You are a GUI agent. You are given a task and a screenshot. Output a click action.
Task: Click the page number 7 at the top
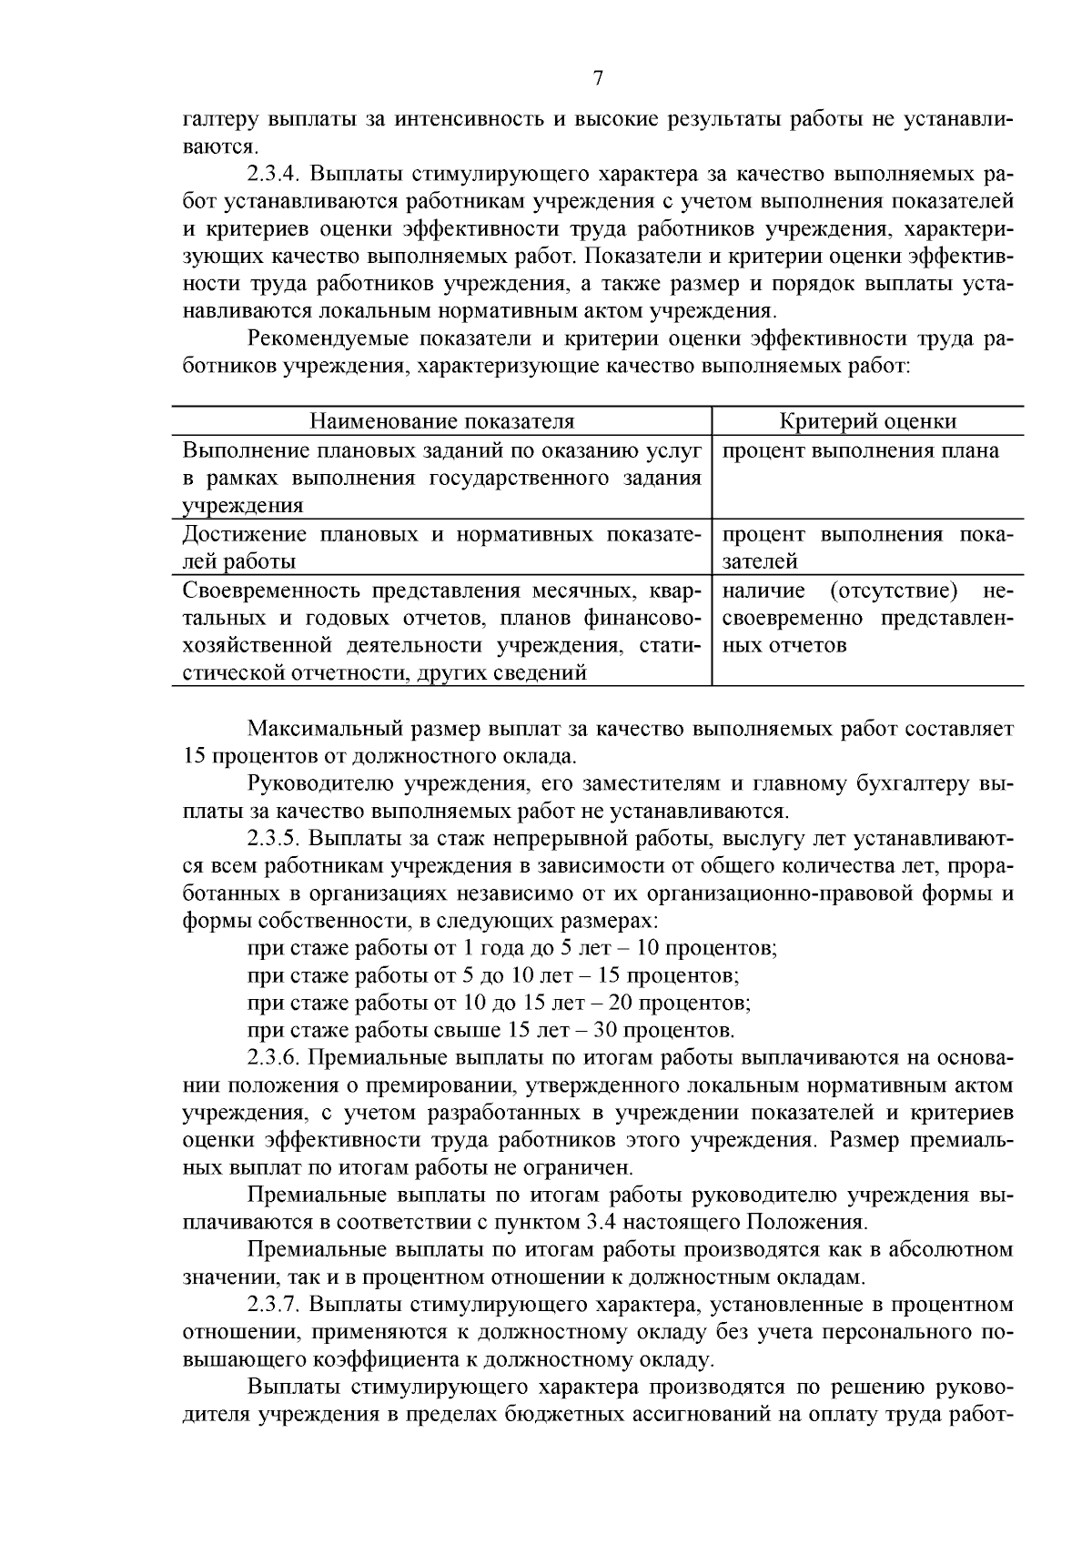coord(598,78)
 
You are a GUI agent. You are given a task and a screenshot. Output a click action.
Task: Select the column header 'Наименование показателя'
coord(442,421)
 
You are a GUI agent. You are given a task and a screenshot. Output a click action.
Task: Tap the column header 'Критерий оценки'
coord(868,421)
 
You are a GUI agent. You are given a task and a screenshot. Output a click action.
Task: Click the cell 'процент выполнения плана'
coord(861,450)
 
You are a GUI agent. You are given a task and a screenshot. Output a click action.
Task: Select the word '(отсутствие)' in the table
coord(894,590)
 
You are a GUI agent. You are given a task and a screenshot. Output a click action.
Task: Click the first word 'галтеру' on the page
coord(218,119)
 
